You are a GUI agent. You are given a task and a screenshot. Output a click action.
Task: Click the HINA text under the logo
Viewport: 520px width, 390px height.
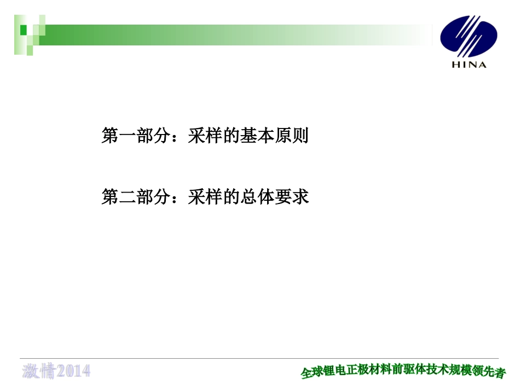[469, 65]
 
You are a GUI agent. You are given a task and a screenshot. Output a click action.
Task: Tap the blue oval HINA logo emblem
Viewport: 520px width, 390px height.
[469, 37]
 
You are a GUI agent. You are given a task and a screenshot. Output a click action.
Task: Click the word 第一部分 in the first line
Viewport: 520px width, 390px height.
[136, 136]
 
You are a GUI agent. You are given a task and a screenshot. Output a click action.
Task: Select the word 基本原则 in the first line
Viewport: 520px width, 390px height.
[274, 136]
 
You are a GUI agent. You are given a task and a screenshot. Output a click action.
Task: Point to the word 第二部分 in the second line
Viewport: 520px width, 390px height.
[136, 197]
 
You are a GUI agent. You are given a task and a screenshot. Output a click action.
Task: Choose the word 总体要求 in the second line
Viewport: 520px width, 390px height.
[274, 197]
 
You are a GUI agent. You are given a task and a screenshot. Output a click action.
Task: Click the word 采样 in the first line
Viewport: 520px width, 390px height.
[205, 136]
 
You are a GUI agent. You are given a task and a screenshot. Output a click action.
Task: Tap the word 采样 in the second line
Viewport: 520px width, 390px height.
[205, 197]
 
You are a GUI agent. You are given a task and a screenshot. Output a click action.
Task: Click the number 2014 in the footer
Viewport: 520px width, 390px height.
[74, 371]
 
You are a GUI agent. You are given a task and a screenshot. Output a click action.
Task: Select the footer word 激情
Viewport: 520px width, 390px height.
[39, 371]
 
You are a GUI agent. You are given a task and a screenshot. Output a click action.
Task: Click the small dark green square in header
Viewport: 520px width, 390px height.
[24, 30]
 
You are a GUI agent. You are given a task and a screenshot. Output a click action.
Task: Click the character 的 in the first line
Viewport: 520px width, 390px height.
[231, 136]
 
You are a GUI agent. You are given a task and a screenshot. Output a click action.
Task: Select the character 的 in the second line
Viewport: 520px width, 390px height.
[231, 197]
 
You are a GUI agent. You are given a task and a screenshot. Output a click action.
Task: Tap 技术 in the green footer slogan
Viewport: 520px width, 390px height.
[438, 370]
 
